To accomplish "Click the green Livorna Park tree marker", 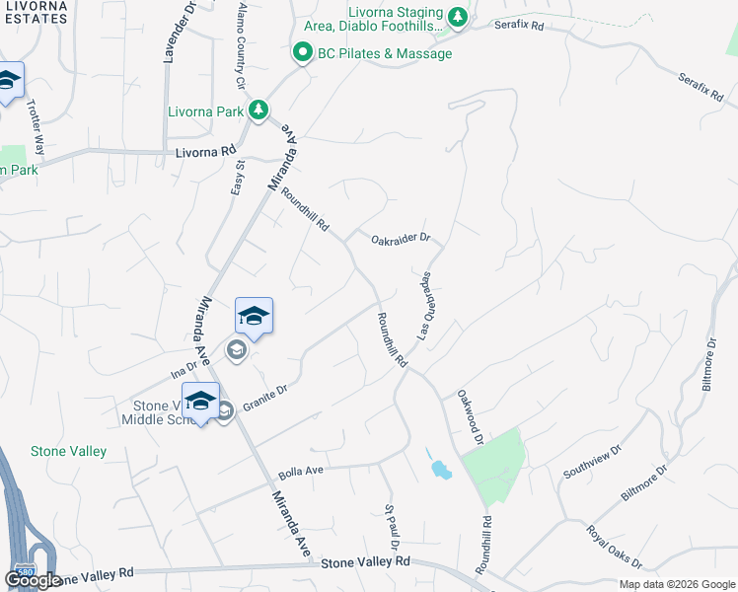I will click(x=258, y=110).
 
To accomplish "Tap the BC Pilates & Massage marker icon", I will click(x=303, y=53).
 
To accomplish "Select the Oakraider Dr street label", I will click(x=402, y=239).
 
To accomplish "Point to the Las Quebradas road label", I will click(x=426, y=307).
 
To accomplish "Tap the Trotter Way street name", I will click(x=37, y=127).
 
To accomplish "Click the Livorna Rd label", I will click(x=206, y=152).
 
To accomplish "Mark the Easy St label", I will click(x=237, y=178).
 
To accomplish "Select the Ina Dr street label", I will click(x=184, y=368).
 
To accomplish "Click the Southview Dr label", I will click(x=592, y=463).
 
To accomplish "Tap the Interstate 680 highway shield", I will click(x=23, y=571).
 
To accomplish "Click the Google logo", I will click(x=33, y=580).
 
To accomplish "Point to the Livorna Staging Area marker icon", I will click(x=457, y=17).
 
